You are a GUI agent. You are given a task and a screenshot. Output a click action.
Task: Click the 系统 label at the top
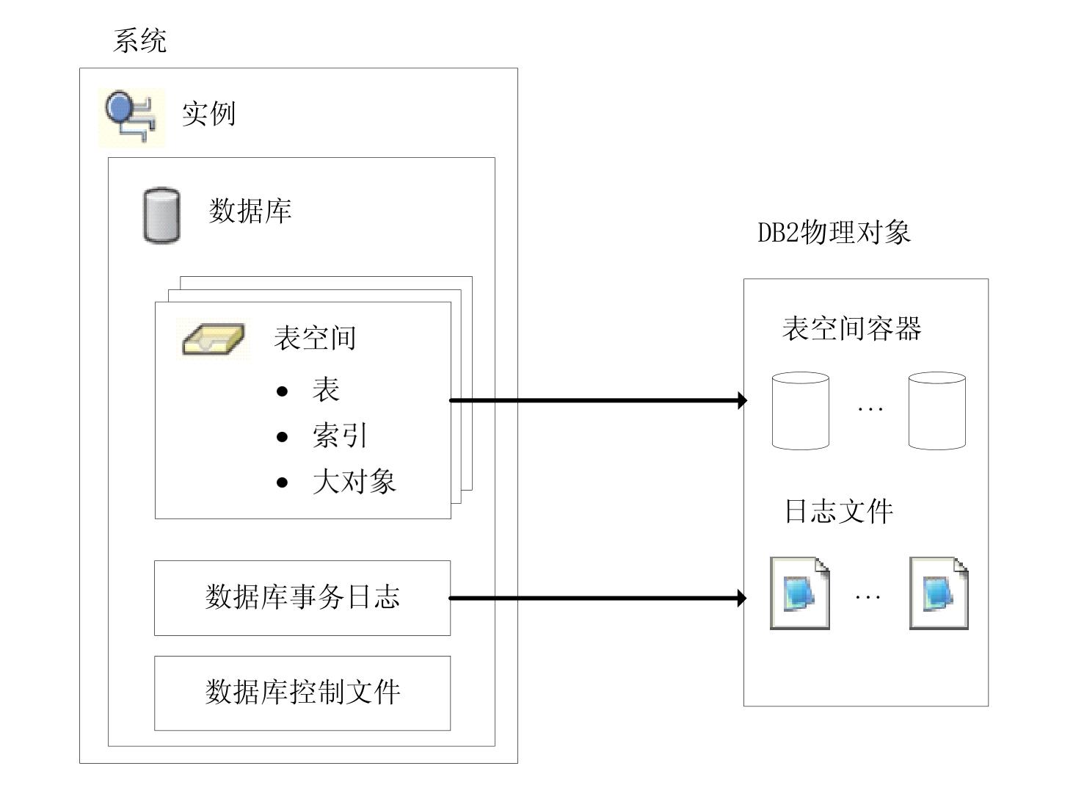[140, 40]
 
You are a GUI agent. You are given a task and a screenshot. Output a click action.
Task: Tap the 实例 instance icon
[131, 115]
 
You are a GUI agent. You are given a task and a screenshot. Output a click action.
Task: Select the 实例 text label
[208, 115]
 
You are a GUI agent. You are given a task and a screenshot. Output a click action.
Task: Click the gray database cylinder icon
[161, 215]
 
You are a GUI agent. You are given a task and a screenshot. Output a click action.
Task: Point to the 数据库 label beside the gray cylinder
[250, 212]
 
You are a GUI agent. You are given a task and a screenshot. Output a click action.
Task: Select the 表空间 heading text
[315, 338]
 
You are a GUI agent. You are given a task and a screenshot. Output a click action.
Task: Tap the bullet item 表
[326, 389]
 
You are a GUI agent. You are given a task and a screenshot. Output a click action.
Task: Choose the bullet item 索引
[339, 435]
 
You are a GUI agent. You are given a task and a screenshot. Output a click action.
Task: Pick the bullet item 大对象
[354, 482]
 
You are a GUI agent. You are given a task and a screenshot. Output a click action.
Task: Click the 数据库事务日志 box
[302, 598]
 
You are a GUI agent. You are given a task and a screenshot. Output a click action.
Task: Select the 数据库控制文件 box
[302, 693]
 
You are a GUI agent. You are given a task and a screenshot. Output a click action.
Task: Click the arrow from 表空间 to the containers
[597, 400]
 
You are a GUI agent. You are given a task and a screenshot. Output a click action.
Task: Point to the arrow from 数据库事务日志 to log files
[597, 599]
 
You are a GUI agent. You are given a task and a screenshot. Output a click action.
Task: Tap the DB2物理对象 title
[834, 233]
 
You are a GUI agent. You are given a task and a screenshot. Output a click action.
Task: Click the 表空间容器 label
[851, 328]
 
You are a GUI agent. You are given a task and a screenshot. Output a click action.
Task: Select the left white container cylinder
[801, 411]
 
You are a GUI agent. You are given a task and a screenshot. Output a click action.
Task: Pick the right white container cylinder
[936, 411]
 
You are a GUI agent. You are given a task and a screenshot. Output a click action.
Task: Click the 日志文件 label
[839, 511]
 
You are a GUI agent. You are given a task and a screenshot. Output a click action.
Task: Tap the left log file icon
[800, 593]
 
